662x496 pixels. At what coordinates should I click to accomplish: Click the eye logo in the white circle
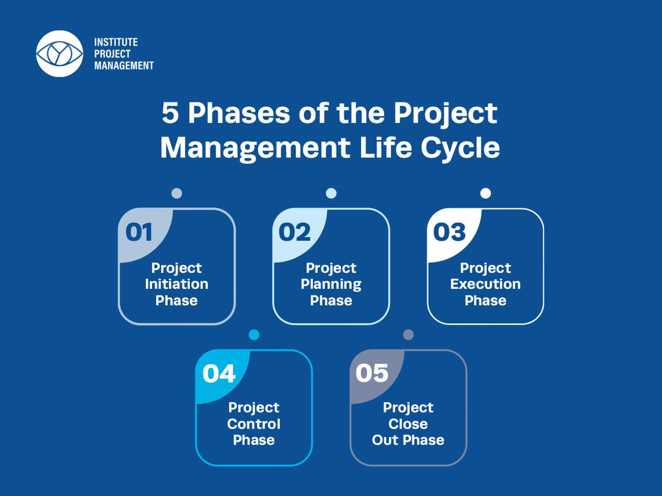click(x=59, y=53)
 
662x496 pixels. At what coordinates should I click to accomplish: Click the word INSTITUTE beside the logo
click(x=116, y=42)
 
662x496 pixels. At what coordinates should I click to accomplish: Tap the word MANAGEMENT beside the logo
click(x=124, y=66)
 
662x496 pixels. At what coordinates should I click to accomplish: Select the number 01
click(x=139, y=233)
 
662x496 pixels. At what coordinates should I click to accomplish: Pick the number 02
click(x=295, y=233)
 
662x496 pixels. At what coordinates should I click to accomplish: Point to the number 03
click(x=449, y=233)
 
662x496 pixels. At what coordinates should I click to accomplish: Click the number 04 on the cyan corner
click(x=219, y=374)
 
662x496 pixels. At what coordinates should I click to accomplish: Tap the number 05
click(x=372, y=374)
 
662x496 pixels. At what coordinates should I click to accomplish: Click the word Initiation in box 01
click(x=177, y=284)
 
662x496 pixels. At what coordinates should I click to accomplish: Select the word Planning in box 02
click(x=331, y=284)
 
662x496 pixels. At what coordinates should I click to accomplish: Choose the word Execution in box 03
click(x=485, y=284)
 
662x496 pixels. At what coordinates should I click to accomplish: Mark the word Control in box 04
click(x=254, y=424)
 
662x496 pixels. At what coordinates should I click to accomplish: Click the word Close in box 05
click(x=408, y=424)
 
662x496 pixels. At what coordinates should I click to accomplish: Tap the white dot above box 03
click(x=485, y=193)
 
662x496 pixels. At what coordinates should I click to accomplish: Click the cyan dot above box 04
click(x=254, y=335)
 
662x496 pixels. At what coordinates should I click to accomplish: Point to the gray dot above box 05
click(x=408, y=335)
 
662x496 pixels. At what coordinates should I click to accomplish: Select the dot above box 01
click(x=177, y=193)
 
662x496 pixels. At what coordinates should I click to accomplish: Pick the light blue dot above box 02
click(x=331, y=193)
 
